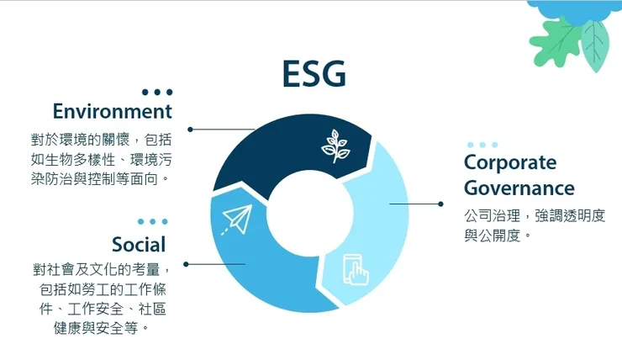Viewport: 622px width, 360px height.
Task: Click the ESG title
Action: point(314,74)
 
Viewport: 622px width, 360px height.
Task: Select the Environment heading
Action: point(112,111)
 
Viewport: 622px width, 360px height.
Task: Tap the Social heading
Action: point(139,244)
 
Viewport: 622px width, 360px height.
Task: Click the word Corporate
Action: point(510,161)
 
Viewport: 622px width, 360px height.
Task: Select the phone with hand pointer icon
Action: point(356,269)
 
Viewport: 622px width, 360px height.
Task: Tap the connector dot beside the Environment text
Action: point(191,130)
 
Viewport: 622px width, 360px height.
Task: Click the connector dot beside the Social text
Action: point(186,264)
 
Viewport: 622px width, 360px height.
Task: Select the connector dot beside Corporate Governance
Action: point(440,204)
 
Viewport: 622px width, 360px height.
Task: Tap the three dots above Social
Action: point(152,221)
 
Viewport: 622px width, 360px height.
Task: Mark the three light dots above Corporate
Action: point(482,145)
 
